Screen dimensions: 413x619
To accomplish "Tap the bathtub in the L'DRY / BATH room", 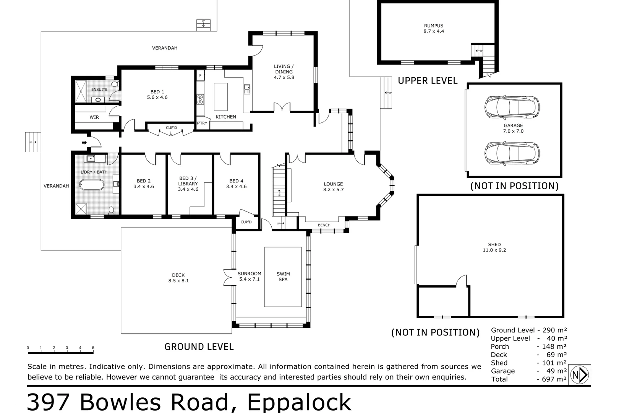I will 91,185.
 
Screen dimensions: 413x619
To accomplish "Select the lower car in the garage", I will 512,153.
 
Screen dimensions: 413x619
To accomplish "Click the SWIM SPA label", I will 283,276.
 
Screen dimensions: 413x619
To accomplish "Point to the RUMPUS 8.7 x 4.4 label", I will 434,29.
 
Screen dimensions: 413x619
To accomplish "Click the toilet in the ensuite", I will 114,84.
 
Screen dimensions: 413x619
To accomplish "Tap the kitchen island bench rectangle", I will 220,97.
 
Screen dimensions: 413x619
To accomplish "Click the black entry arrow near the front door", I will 84,143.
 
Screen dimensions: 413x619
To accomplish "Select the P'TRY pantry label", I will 202,123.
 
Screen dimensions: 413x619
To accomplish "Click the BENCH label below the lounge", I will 324,225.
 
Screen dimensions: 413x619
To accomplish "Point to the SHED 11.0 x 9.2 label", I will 494,247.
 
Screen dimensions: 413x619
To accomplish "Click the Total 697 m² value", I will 551,379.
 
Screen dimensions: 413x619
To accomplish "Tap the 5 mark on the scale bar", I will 93,348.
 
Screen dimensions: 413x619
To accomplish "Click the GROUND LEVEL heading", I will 199,346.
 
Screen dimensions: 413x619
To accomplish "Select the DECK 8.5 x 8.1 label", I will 178,278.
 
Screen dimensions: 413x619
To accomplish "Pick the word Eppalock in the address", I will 299,402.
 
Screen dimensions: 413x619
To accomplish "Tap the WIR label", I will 94,117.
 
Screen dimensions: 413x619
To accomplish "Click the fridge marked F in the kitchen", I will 200,75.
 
